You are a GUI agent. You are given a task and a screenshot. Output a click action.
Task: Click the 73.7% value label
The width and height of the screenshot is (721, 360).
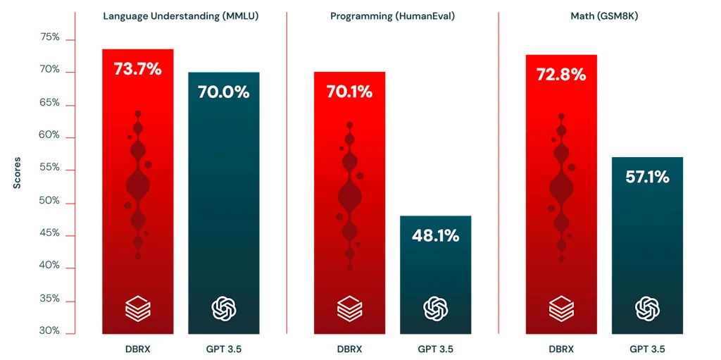[137, 69]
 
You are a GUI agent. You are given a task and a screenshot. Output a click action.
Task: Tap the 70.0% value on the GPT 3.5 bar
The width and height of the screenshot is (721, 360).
[223, 92]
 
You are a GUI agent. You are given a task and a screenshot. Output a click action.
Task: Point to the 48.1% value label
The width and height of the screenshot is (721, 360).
[435, 235]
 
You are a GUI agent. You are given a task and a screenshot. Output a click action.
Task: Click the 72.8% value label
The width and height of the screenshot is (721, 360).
[561, 74]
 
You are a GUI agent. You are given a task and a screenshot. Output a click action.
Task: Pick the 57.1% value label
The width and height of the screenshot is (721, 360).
[647, 177]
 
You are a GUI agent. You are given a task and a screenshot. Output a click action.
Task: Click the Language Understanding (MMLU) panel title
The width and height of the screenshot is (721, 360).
[181, 15]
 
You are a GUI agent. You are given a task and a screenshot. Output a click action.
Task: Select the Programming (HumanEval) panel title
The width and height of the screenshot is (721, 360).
[392, 15]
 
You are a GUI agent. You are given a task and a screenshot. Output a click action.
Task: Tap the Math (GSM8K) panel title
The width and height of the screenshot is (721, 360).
[604, 15]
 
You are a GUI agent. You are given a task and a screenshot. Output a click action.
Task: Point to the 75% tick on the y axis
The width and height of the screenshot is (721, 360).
[49, 37]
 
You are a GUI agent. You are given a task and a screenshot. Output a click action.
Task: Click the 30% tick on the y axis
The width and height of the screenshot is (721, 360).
[49, 331]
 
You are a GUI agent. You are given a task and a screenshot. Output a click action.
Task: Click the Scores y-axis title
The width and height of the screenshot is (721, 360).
[17, 173]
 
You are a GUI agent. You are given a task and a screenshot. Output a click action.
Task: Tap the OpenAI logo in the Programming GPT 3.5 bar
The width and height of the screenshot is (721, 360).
[435, 308]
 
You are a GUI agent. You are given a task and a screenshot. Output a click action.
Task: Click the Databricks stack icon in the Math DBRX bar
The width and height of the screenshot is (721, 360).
[561, 308]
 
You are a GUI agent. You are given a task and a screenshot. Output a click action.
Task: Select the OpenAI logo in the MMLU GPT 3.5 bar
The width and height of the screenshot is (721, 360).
[223, 308]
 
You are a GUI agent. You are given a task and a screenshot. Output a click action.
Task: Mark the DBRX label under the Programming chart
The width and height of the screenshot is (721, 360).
[349, 349]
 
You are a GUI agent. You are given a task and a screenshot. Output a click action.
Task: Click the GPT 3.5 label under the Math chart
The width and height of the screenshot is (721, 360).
[647, 349]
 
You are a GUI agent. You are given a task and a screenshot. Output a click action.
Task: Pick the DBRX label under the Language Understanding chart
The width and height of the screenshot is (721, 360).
[137, 349]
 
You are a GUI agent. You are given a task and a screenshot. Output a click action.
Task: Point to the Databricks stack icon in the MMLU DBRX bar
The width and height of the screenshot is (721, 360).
[137, 308]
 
